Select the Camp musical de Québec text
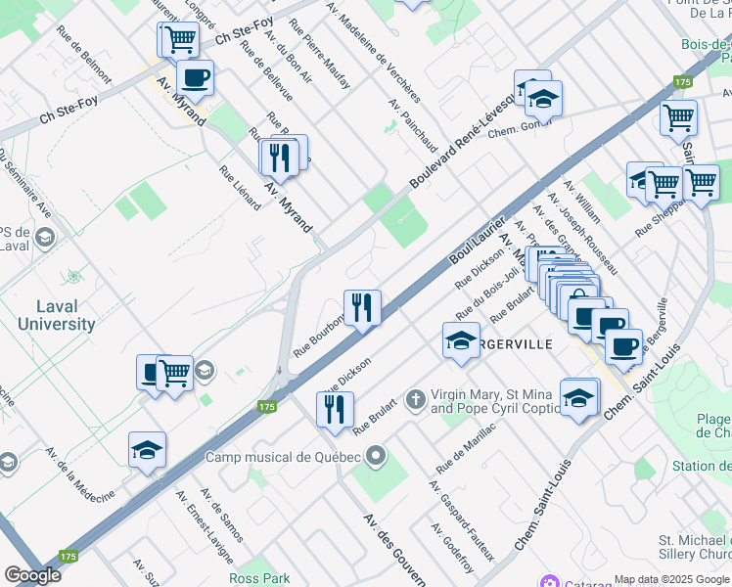[283, 457]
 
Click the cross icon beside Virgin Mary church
[415, 399]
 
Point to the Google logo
[32, 574]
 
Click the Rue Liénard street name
[240, 187]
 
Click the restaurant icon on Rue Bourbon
[362, 307]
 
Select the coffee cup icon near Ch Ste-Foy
[195, 77]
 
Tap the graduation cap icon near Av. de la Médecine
[147, 449]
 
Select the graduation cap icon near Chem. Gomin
[542, 99]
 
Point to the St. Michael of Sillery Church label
[694, 548]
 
